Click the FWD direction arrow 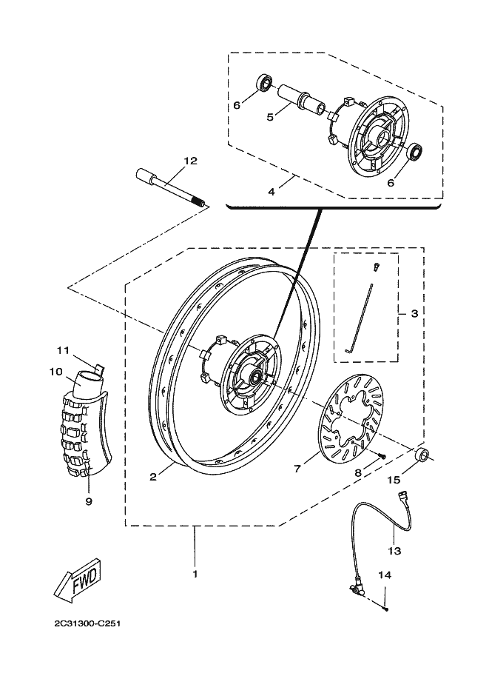pyautogui.click(x=77, y=580)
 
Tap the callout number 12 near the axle pyautogui.click(x=190, y=161)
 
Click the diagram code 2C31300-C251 pyautogui.click(x=87, y=623)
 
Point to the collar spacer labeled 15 pyautogui.click(x=422, y=455)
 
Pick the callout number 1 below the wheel pyautogui.click(x=195, y=574)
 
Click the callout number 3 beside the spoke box pyautogui.click(x=414, y=313)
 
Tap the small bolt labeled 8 pyautogui.click(x=381, y=455)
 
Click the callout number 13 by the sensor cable pyautogui.click(x=394, y=551)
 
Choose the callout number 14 pyautogui.click(x=385, y=575)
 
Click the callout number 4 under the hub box pyautogui.click(x=272, y=192)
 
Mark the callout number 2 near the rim pyautogui.click(x=153, y=477)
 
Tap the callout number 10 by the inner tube pyautogui.click(x=56, y=372)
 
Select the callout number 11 pyautogui.click(x=63, y=350)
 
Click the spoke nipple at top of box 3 pyautogui.click(x=375, y=267)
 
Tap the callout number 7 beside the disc pyautogui.click(x=297, y=469)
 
